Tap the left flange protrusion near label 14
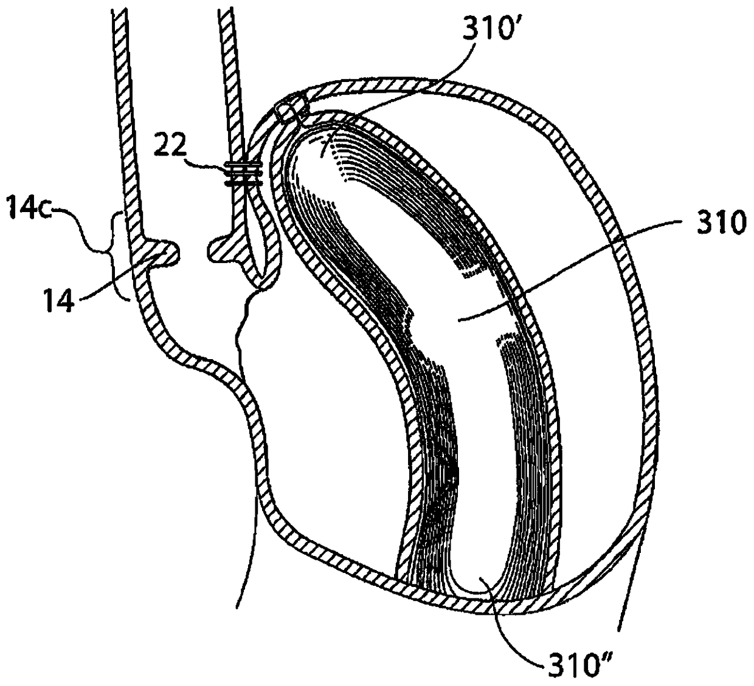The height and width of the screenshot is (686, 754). [161, 252]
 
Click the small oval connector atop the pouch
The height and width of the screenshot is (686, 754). [291, 109]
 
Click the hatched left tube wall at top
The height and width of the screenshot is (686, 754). [124, 91]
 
